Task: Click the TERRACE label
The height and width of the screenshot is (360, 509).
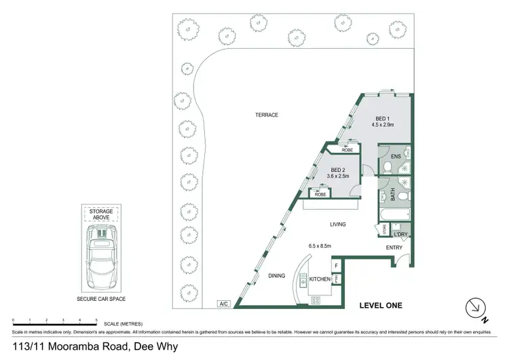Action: tap(267, 115)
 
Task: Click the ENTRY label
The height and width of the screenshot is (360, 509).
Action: tap(394, 247)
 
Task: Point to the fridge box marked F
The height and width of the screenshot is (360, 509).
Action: tap(337, 265)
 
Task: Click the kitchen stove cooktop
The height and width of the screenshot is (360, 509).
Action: tap(316, 300)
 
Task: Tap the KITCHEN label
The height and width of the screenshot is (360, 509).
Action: tap(320, 279)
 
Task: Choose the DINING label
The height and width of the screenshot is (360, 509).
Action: tap(276, 276)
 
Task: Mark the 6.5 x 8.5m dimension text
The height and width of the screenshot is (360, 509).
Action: tap(319, 246)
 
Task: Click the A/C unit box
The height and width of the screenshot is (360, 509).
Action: tap(223, 304)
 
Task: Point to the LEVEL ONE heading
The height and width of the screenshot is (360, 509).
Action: tap(381, 306)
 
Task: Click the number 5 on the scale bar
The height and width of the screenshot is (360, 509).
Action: tap(96, 319)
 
